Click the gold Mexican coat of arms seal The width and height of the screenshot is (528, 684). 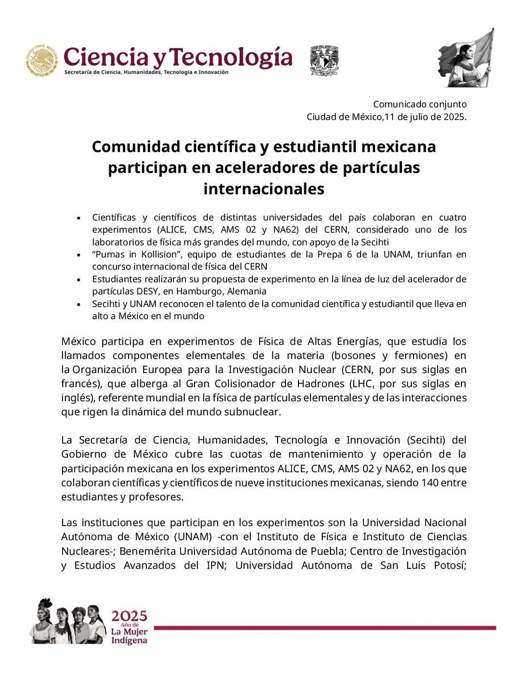(x=42, y=61)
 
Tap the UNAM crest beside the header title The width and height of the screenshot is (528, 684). (x=324, y=61)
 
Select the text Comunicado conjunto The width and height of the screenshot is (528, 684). (x=420, y=104)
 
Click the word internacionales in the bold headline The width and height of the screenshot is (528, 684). (x=264, y=188)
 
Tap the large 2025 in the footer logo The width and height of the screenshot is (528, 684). (x=129, y=616)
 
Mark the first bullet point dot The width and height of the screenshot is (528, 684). (x=79, y=218)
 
